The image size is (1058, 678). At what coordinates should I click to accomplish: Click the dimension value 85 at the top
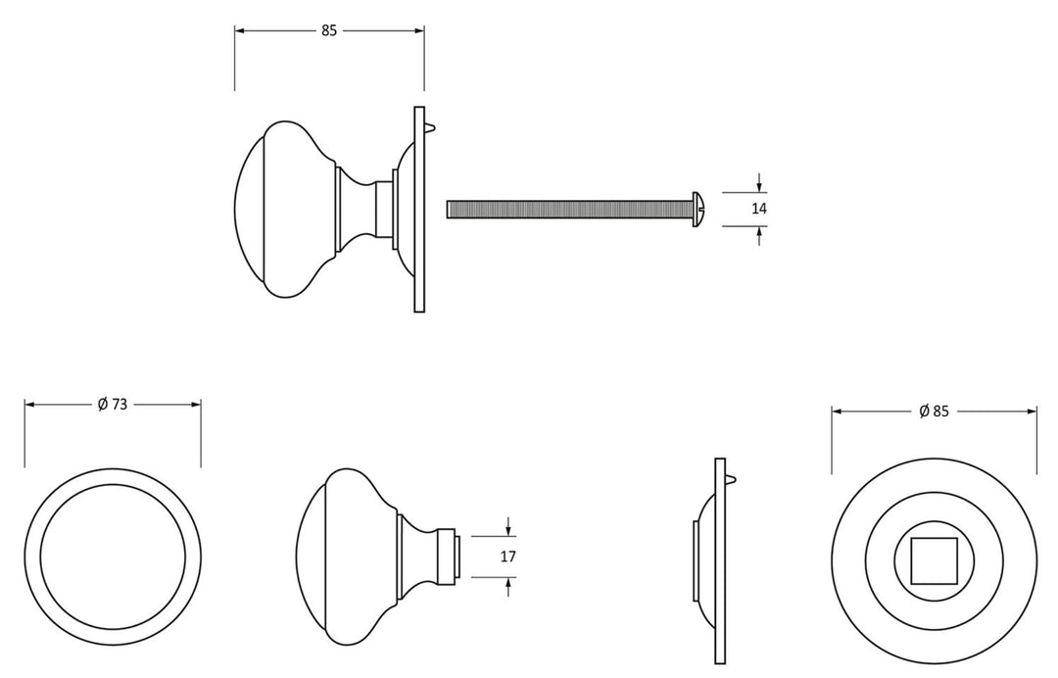pyautogui.click(x=328, y=30)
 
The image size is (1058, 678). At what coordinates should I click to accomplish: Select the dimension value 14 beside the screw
pyautogui.click(x=759, y=209)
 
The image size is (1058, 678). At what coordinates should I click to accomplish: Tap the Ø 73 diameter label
pyautogui.click(x=112, y=404)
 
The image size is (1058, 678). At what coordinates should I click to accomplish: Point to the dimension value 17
pyautogui.click(x=508, y=557)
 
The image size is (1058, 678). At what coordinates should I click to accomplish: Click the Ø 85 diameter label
pyautogui.click(x=934, y=411)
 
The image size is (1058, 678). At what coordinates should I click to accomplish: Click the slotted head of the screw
pyautogui.click(x=699, y=209)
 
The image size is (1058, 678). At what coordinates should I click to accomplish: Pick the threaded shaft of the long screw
pyautogui.click(x=569, y=209)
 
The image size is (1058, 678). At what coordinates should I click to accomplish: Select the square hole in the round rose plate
pyautogui.click(x=934, y=560)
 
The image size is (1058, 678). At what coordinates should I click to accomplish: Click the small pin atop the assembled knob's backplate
pyautogui.click(x=431, y=126)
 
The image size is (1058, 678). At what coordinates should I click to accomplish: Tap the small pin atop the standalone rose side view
pyautogui.click(x=732, y=478)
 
